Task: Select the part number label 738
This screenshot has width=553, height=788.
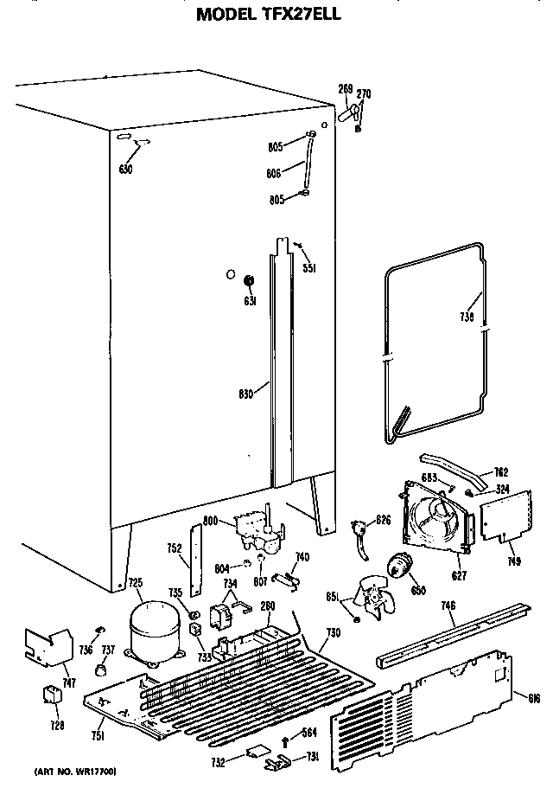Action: coord(467,317)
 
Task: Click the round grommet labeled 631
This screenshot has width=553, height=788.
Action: coord(249,281)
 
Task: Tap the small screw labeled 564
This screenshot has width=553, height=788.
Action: coord(287,738)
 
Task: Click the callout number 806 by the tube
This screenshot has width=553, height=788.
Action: coord(275,173)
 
